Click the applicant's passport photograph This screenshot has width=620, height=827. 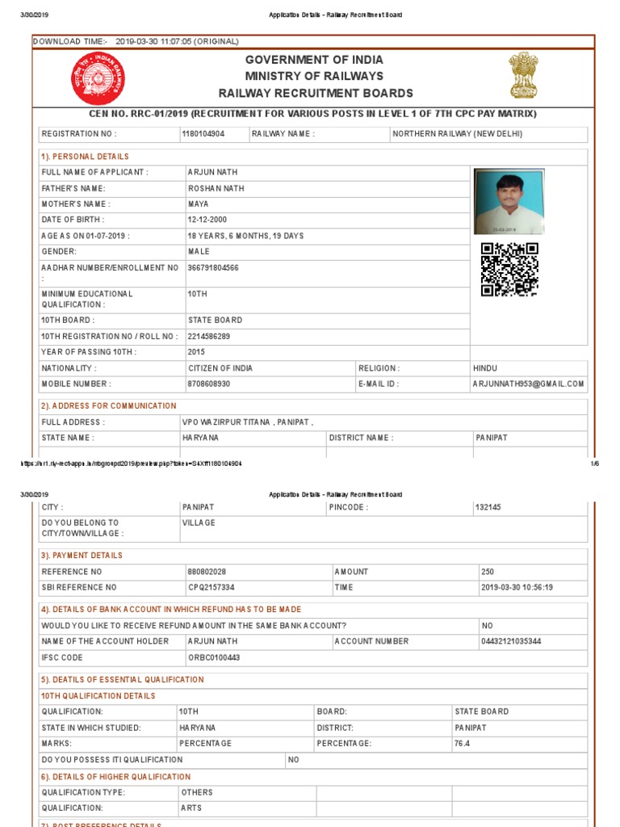click(x=509, y=202)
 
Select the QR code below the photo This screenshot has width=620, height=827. click(x=509, y=270)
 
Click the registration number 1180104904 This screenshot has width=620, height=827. click(x=203, y=134)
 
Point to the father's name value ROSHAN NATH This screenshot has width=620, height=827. click(x=216, y=188)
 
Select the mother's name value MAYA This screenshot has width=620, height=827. click(x=198, y=204)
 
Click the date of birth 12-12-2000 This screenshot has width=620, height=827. click(x=207, y=220)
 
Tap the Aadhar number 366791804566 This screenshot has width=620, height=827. click(x=213, y=267)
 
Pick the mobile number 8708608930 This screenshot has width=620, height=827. click(x=209, y=384)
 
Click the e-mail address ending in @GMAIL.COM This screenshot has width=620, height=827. click(x=528, y=384)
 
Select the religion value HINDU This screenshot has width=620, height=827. click(x=485, y=368)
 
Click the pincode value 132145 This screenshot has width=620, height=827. click(x=488, y=507)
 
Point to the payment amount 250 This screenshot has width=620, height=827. click(x=487, y=572)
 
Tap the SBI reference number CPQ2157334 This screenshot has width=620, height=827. click(x=212, y=587)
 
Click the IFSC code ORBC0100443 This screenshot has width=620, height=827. click(x=214, y=657)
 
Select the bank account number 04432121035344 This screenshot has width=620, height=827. click(x=511, y=641)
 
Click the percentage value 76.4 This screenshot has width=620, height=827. click(x=462, y=743)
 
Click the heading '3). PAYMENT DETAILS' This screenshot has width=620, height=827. click(x=82, y=556)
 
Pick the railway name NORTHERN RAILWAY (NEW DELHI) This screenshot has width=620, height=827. click(x=458, y=134)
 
